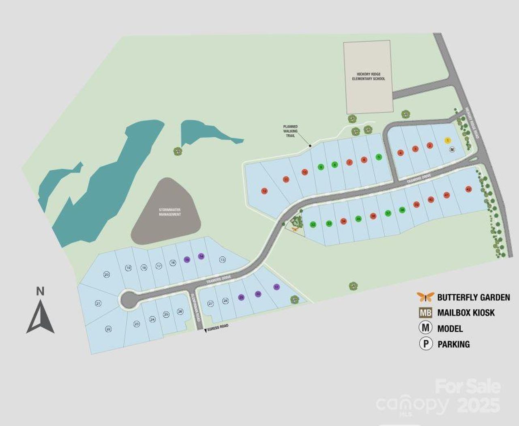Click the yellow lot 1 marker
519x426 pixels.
(x=448, y=140)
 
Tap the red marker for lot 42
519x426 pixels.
(x=468, y=189)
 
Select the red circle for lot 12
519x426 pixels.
(x=264, y=191)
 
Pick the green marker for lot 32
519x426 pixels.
(x=313, y=224)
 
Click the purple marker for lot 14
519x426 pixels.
(x=201, y=256)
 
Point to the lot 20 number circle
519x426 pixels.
(x=107, y=274)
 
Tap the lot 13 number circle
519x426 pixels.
(x=222, y=260)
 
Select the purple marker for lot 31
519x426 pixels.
(x=277, y=287)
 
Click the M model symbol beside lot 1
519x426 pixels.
(x=453, y=149)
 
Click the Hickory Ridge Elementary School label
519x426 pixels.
(x=368, y=76)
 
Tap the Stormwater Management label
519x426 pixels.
(x=170, y=212)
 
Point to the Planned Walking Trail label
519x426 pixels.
(x=290, y=131)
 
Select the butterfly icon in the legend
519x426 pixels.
(x=425, y=297)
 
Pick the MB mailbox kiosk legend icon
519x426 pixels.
(x=425, y=313)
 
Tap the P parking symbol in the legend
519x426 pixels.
(x=425, y=344)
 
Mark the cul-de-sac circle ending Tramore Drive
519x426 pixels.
(x=130, y=300)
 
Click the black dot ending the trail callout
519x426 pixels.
(x=310, y=145)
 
